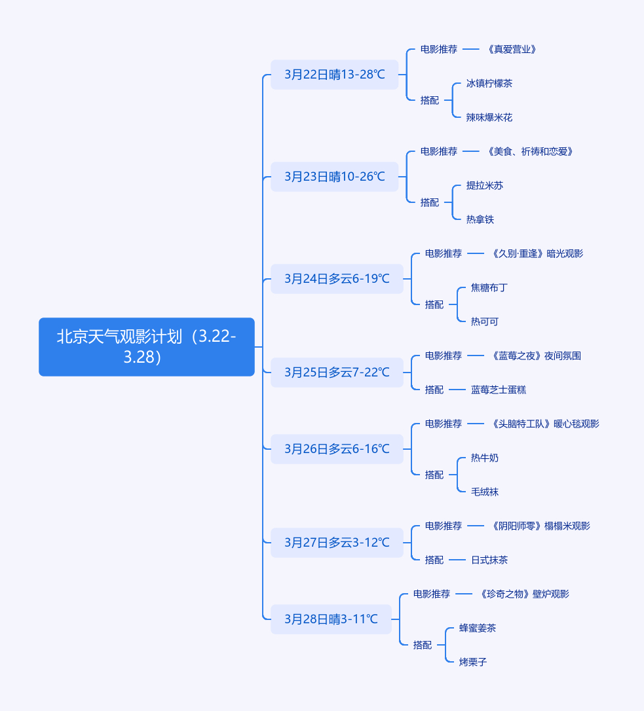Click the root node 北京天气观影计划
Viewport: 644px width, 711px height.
(146, 347)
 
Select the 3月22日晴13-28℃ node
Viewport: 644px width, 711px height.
(335, 75)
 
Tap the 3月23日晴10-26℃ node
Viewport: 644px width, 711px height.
(335, 177)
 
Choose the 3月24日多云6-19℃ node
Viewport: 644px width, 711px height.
(337, 279)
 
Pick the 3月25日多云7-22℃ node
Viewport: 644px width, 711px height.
(337, 373)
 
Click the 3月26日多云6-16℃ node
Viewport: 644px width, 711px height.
(337, 449)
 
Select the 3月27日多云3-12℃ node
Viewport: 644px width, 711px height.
(337, 543)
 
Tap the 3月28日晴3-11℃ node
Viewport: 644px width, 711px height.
(331, 619)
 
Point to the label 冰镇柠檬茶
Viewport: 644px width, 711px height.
(489, 83)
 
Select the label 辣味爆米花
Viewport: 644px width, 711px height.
(489, 117)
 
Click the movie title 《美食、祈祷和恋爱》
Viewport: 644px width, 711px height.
(530, 151)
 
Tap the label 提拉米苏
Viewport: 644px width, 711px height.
(485, 185)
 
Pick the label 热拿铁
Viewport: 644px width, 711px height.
(480, 219)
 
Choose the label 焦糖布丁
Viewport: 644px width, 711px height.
(489, 287)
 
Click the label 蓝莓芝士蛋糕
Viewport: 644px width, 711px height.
(499, 390)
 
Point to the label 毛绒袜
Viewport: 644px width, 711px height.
(485, 492)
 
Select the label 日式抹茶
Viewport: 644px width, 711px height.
(489, 560)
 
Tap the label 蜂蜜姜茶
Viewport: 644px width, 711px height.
(478, 628)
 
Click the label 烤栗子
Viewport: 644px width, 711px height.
(473, 662)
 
